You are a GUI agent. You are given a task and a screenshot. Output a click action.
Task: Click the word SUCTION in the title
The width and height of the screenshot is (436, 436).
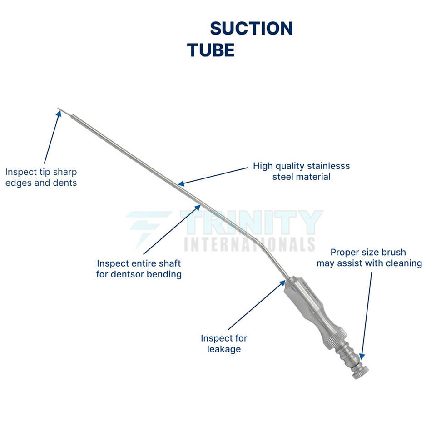(x=251, y=29)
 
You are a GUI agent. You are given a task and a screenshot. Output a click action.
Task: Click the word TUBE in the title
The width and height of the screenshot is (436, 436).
(x=211, y=50)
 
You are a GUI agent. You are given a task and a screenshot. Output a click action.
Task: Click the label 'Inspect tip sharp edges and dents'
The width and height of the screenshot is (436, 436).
(x=41, y=178)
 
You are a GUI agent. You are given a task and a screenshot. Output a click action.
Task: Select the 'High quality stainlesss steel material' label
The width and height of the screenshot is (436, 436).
(x=301, y=171)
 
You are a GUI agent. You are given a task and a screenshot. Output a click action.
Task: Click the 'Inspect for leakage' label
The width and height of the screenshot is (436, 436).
(x=224, y=343)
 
